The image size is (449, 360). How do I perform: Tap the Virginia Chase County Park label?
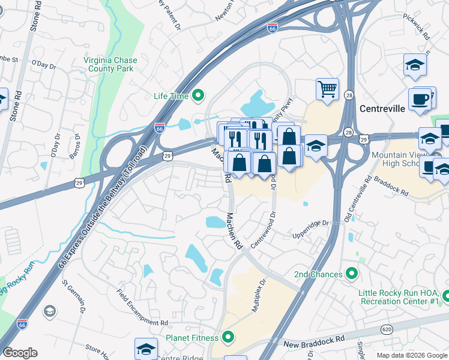(x=110, y=65)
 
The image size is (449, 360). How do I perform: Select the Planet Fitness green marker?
(x=228, y=337)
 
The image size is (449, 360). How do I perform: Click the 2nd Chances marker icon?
(x=352, y=274)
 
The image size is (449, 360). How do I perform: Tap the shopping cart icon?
(x=328, y=90)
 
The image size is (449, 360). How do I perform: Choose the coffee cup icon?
(x=420, y=99)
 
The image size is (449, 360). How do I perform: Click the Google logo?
(x=20, y=353)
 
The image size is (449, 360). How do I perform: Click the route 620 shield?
(x=387, y=329)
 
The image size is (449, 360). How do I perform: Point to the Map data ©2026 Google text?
(x=411, y=355)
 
